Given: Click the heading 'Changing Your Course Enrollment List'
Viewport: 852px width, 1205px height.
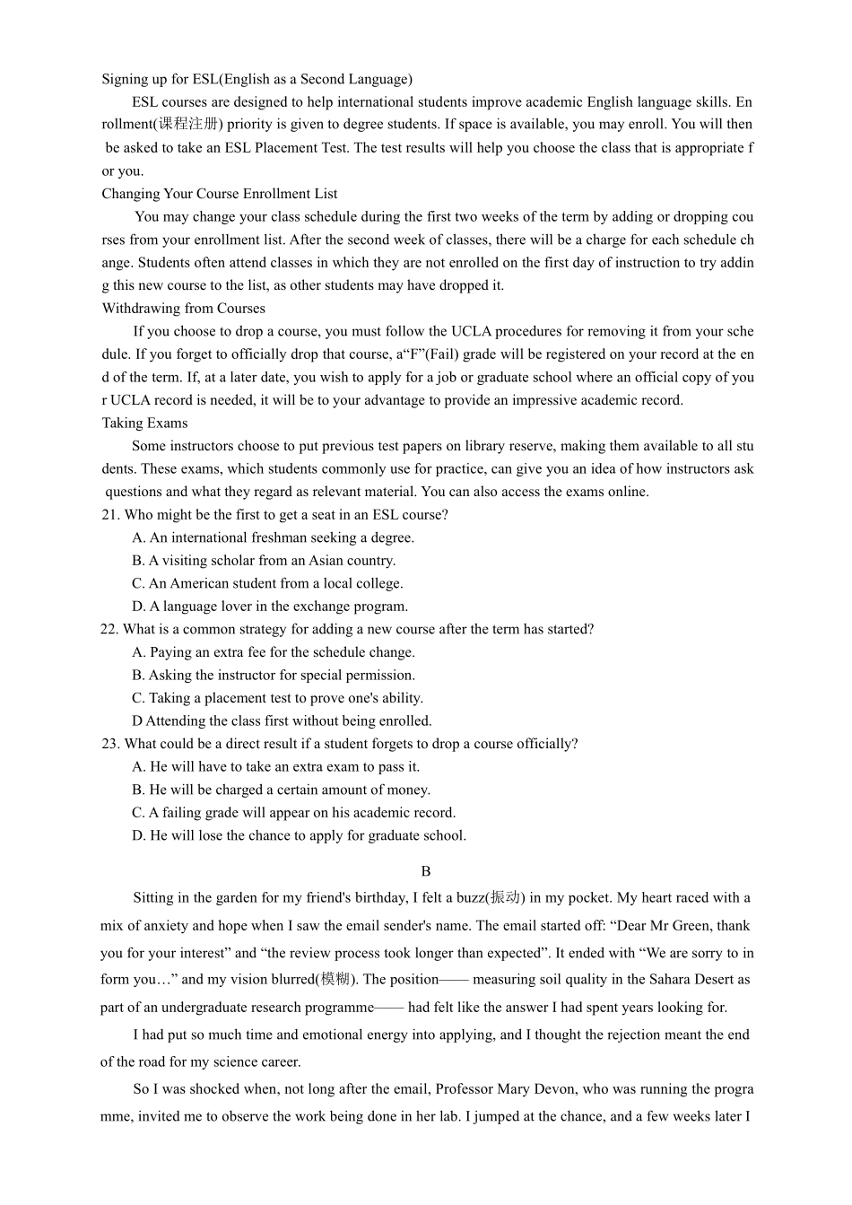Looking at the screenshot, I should [219, 194].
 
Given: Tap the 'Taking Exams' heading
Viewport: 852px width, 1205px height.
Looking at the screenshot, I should [144, 423].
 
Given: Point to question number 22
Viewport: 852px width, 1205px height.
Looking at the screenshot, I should [109, 630].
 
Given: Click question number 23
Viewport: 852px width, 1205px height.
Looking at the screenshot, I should [110, 744].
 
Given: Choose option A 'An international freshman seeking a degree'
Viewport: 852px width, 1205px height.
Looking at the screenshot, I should [273, 538].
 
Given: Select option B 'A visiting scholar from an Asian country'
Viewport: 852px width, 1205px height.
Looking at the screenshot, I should [264, 561].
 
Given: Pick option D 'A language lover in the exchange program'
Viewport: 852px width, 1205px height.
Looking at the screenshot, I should [270, 607].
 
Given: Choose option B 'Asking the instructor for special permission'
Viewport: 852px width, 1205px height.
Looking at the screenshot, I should [274, 676].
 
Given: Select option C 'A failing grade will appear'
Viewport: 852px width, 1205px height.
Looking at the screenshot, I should [293, 813].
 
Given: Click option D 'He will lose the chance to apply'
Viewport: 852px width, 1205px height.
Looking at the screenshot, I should [299, 836].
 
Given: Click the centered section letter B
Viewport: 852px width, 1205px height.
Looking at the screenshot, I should [426, 871].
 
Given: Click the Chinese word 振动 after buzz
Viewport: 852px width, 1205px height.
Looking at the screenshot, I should [506, 898].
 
